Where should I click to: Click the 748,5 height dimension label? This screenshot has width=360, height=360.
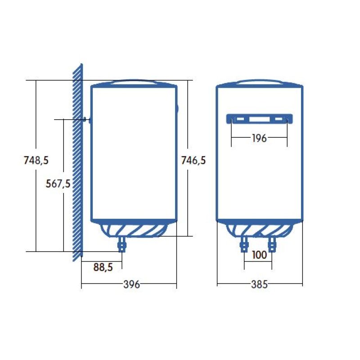(x=36, y=160)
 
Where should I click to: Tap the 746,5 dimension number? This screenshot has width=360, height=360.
(x=193, y=160)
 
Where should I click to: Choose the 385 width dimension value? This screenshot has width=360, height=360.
(x=260, y=284)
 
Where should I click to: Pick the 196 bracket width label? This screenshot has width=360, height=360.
(x=259, y=138)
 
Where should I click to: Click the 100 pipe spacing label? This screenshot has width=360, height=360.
(x=259, y=255)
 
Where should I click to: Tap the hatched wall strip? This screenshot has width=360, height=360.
(x=77, y=162)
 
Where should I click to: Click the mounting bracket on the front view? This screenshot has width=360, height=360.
(x=259, y=119)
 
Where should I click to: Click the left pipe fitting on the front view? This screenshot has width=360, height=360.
(x=245, y=244)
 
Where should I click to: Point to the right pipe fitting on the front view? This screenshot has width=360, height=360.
(x=271, y=244)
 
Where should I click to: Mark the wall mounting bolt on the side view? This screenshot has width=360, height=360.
(x=85, y=120)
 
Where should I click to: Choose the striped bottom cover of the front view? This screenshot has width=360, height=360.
(x=259, y=229)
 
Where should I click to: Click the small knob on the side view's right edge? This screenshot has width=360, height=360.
(x=178, y=108)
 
